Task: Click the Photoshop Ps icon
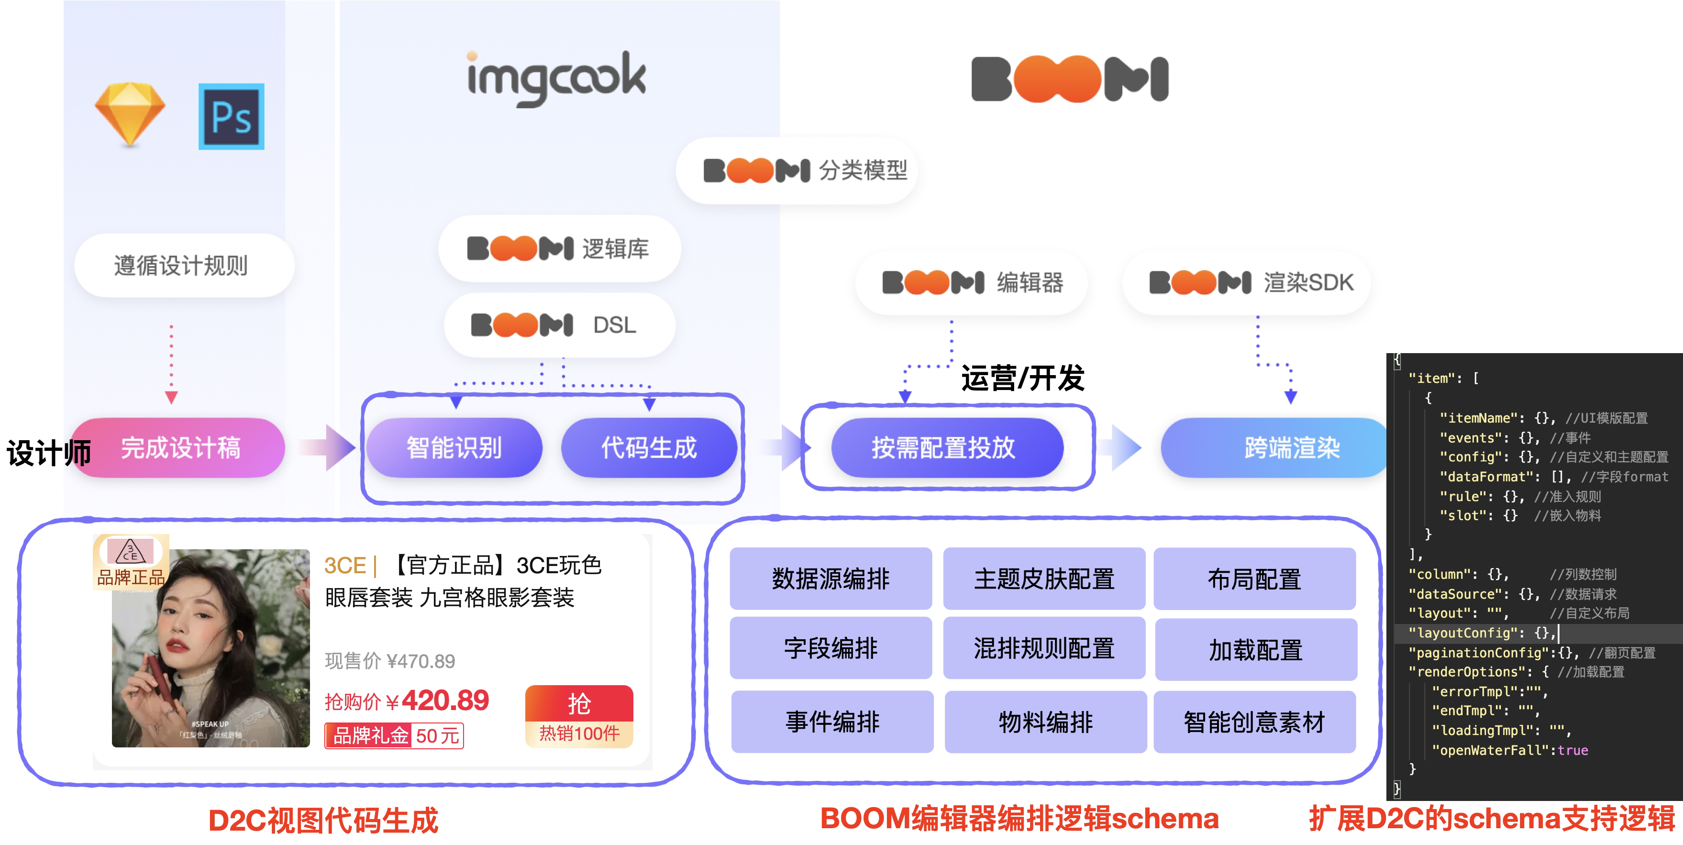point(231,116)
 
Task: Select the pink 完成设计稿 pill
point(180,448)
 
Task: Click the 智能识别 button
point(454,448)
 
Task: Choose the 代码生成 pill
point(649,448)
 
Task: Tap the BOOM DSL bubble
point(559,325)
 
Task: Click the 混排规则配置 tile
point(1044,648)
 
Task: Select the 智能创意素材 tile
point(1254,722)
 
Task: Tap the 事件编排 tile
point(832,722)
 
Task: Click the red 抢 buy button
point(579,704)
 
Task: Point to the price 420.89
point(445,700)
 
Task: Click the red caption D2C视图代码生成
point(323,820)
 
